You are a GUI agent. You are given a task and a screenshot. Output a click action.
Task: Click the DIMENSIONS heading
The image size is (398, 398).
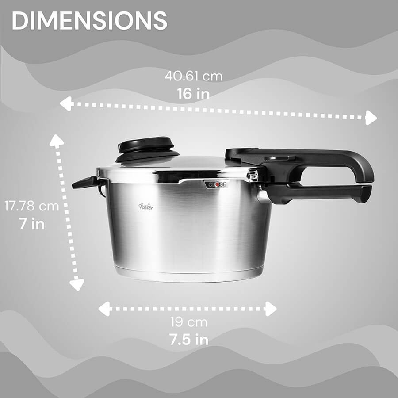tap(89, 20)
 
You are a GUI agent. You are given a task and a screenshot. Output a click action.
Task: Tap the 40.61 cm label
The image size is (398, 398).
tap(193, 76)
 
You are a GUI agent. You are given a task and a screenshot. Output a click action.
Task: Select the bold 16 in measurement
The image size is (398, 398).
tap(193, 93)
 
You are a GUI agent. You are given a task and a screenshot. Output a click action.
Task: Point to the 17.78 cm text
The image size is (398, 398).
tap(31, 206)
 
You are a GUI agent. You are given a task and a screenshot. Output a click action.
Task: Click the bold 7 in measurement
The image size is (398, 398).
tap(32, 224)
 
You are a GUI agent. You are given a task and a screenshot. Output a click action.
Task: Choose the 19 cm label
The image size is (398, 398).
tap(188, 322)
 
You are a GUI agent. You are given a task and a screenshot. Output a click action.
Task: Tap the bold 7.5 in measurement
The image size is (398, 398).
tap(189, 339)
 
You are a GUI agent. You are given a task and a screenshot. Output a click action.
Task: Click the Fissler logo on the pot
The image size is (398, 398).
tap(145, 207)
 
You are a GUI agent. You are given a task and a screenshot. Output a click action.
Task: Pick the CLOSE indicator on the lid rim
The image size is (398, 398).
tap(217, 184)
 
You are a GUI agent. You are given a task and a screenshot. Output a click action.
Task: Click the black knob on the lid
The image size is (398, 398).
tap(147, 149)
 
